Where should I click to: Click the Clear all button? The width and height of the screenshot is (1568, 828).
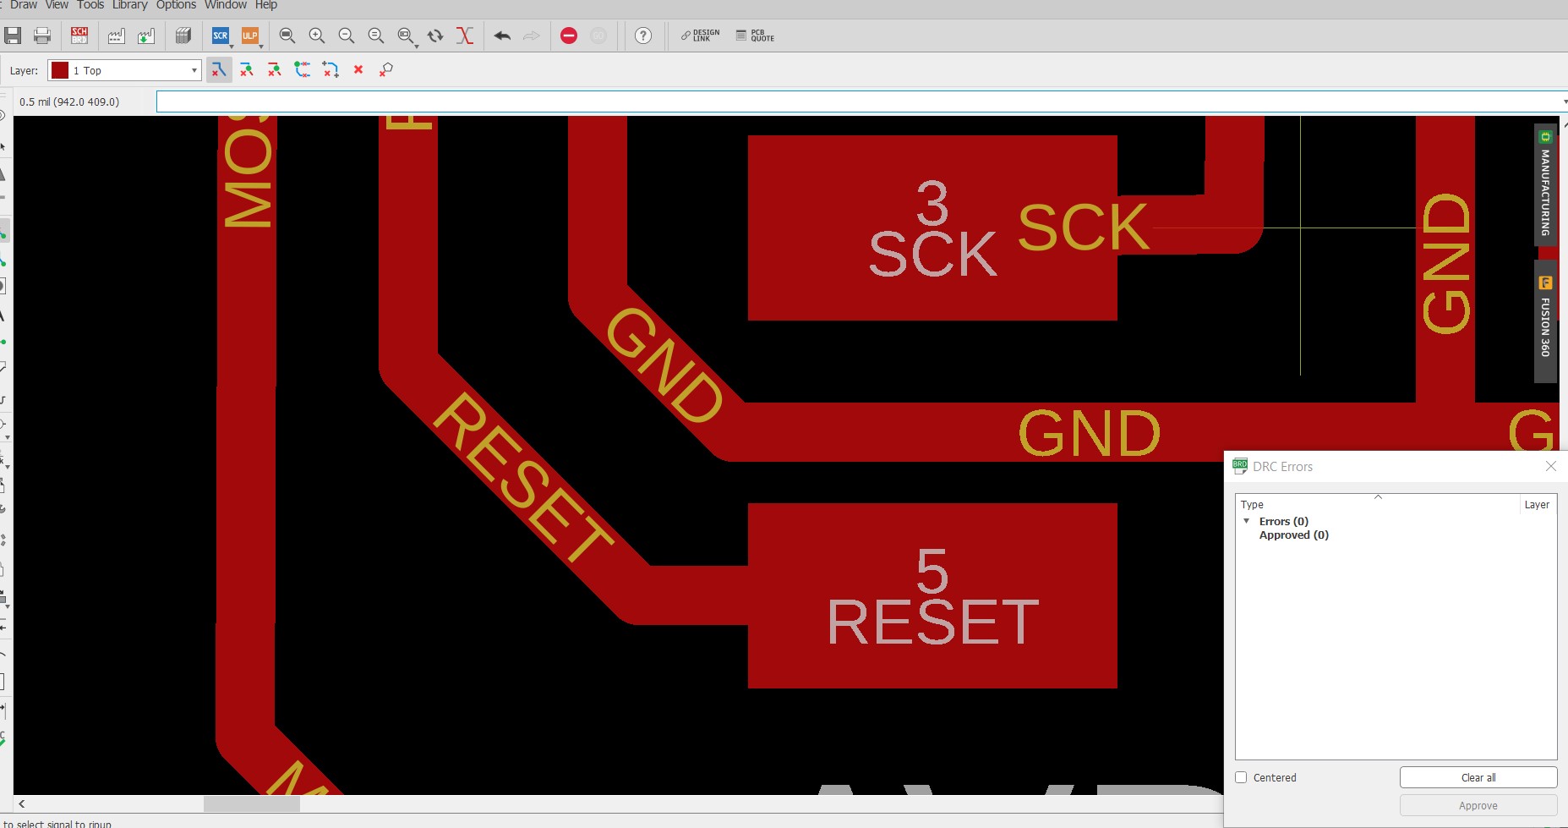(1478, 777)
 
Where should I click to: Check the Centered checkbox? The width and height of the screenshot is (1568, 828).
(1241, 777)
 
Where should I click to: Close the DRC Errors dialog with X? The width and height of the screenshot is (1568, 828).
(1550, 466)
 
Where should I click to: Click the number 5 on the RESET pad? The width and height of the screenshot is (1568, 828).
(932, 571)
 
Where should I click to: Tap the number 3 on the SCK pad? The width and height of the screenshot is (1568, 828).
(932, 203)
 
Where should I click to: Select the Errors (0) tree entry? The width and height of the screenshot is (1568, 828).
(1283, 521)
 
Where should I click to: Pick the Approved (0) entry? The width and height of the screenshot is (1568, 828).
(1293, 535)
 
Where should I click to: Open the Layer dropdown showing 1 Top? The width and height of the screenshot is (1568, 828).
(124, 70)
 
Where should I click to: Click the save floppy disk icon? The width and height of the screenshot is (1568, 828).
(13, 36)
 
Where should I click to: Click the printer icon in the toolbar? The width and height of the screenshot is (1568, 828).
(42, 36)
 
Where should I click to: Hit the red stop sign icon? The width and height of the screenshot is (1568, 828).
(569, 36)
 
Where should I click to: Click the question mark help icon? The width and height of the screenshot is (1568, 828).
(643, 36)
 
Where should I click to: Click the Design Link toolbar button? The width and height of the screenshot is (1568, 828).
(700, 36)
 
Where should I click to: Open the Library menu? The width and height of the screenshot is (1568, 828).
(129, 5)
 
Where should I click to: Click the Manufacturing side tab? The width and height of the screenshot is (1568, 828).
(1545, 186)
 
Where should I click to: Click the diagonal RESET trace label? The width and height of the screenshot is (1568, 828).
(522, 478)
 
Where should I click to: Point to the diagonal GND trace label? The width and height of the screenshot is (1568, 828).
(664, 365)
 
